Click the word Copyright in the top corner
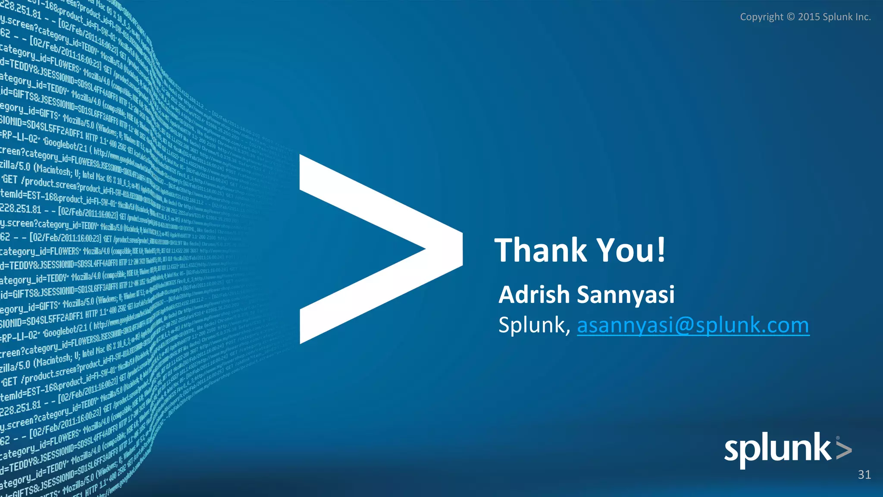761,17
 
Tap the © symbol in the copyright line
791,17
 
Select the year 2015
809,17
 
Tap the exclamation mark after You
661,250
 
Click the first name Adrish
534,295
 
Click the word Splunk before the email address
532,325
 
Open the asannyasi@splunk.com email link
693,325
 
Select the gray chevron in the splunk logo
844,450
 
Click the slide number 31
864,475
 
